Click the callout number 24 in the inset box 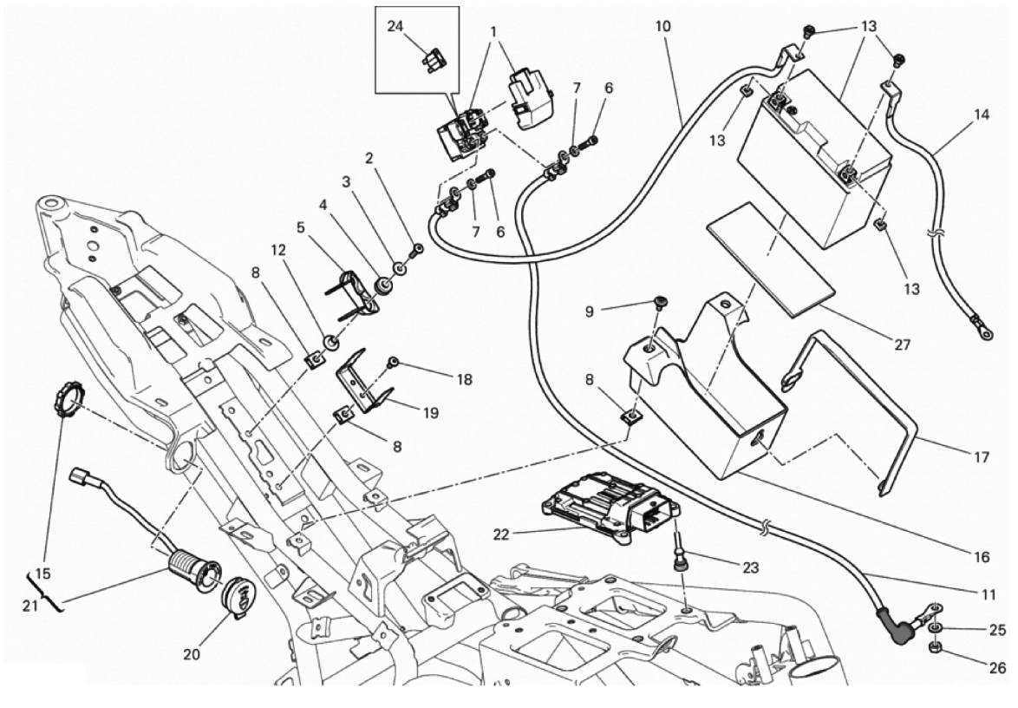click(x=395, y=27)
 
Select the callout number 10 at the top click(x=662, y=26)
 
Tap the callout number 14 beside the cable click(x=980, y=114)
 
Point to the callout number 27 click(x=902, y=344)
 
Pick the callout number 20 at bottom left click(x=191, y=654)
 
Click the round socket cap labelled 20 click(x=238, y=599)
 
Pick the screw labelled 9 click(x=662, y=302)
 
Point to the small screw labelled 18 click(x=394, y=361)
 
